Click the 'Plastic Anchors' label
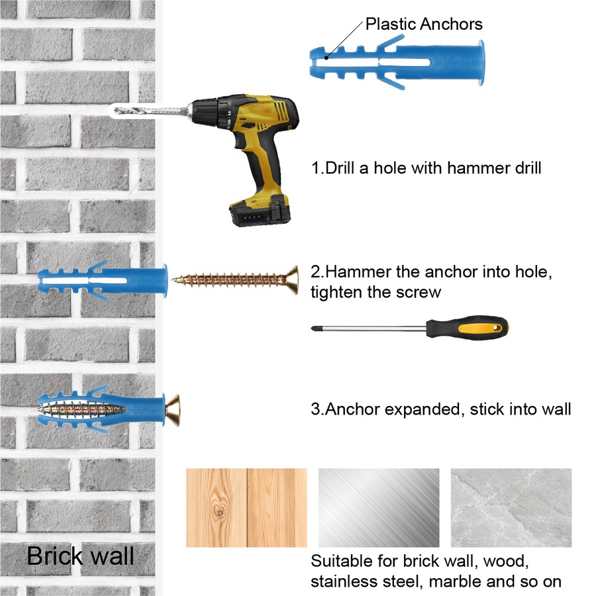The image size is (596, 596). click(424, 24)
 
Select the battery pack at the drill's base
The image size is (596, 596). click(260, 211)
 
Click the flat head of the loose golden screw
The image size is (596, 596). click(292, 280)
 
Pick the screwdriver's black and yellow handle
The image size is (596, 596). click(467, 327)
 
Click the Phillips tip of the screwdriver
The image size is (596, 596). click(314, 328)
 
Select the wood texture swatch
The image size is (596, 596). click(246, 507)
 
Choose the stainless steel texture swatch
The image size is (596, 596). click(379, 507)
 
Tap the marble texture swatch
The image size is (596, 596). click(511, 507)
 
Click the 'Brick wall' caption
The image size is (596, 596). click(80, 556)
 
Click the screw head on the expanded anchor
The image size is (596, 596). click(173, 410)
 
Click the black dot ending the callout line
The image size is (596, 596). click(326, 58)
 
